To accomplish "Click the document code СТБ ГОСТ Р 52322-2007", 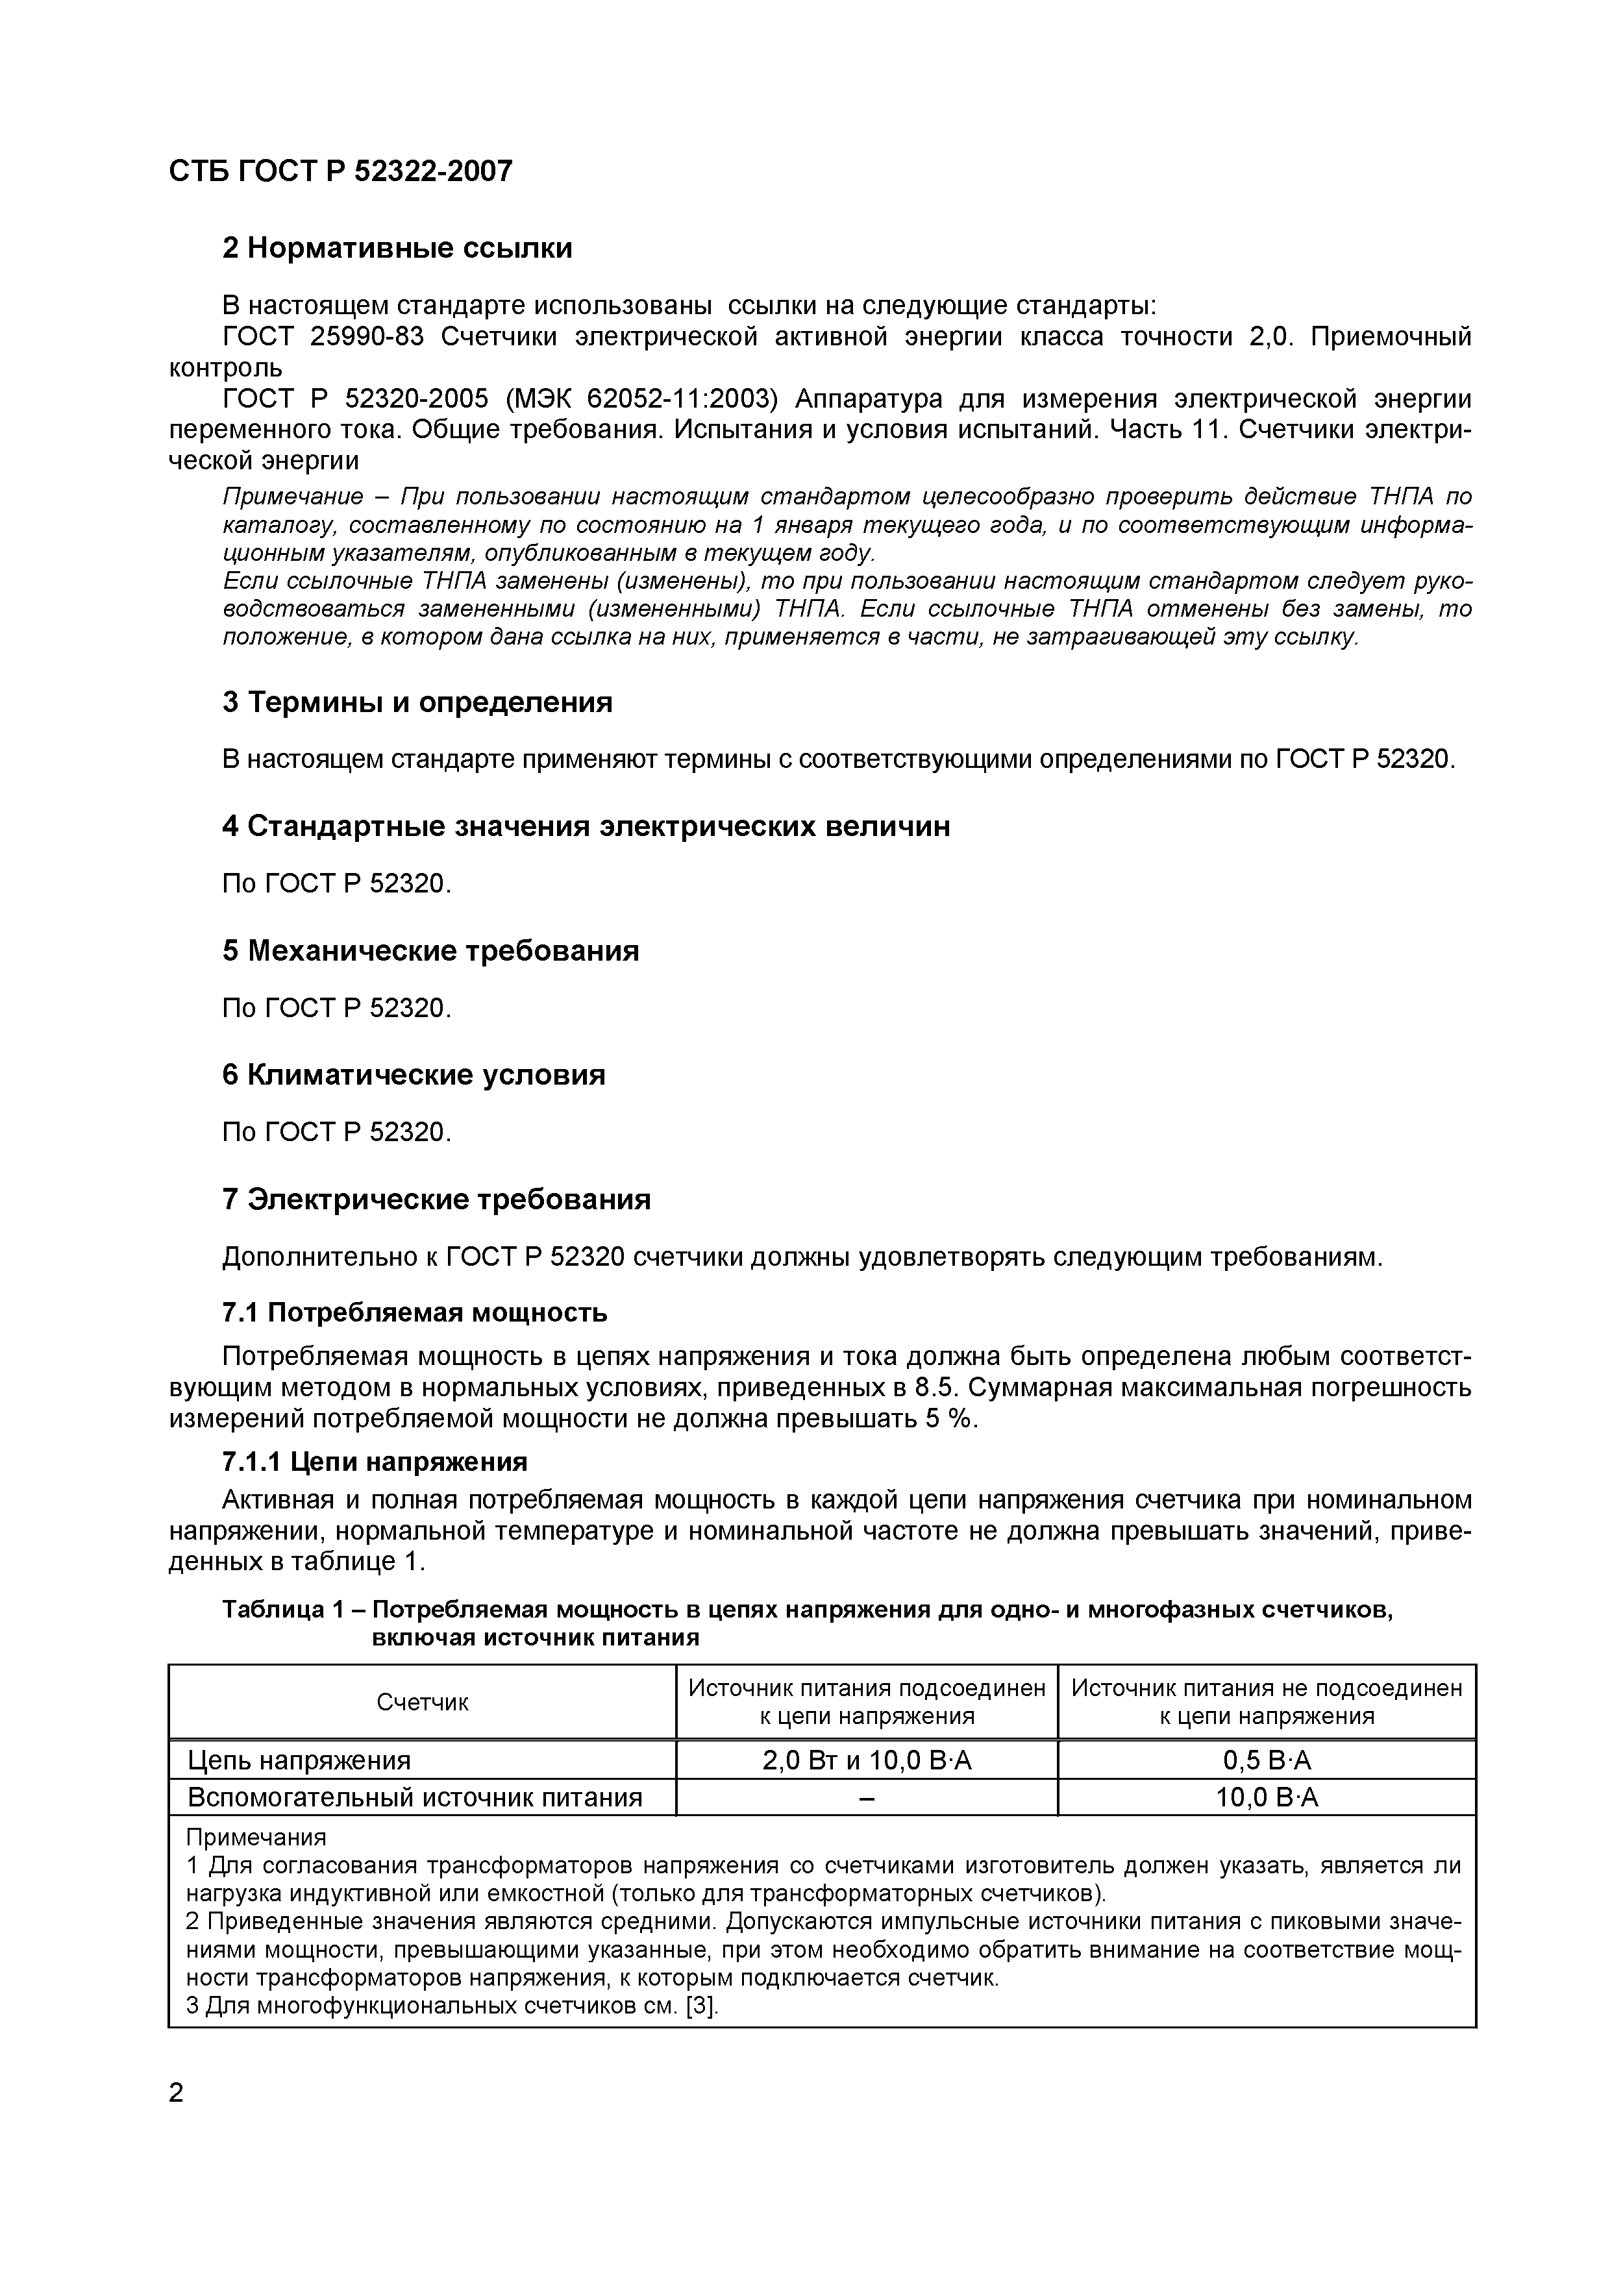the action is tap(340, 171).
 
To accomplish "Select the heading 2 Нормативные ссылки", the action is tap(397, 248).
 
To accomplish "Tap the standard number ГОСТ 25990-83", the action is tap(323, 337).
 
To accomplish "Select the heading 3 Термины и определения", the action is tap(417, 702).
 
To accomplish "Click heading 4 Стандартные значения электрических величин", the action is tap(586, 826).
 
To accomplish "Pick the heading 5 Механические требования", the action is tap(430, 951).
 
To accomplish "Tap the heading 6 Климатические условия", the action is tap(413, 1075).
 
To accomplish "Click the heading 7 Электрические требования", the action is tap(436, 1200).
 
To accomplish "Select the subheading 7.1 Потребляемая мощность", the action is tap(414, 1313).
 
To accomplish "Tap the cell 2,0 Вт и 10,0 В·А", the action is tap(866, 1760).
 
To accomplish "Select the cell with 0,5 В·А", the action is tap(1266, 1760).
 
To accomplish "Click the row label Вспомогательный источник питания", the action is tap(415, 1797).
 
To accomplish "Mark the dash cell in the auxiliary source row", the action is tap(866, 1798).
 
